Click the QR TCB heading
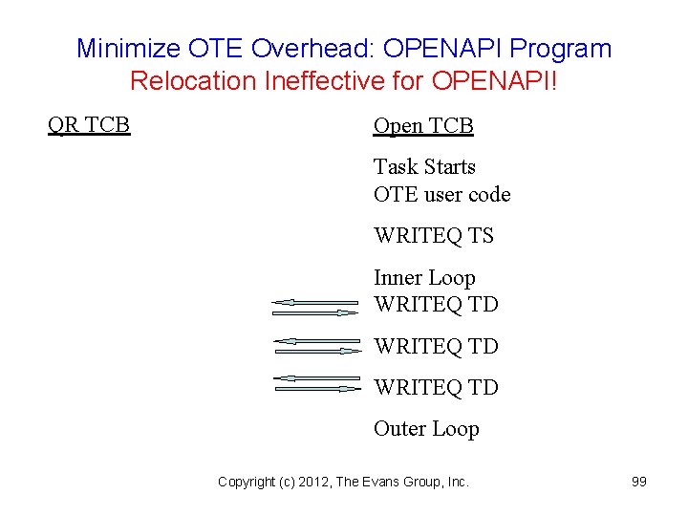coord(89,124)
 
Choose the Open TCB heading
coord(423,126)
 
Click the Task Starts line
coord(424,167)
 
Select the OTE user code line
coord(441,195)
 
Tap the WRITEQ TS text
coord(433,236)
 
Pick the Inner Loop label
coord(424,278)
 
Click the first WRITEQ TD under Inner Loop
coord(436,305)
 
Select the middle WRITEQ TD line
coord(436,346)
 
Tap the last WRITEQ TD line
coord(436,388)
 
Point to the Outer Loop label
coord(426,429)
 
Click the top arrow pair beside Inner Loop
coord(315,307)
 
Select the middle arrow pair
coord(315,345)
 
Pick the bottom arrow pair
coord(315,384)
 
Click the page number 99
coord(639,482)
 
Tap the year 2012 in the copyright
coord(313,483)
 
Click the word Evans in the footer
coord(384,483)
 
